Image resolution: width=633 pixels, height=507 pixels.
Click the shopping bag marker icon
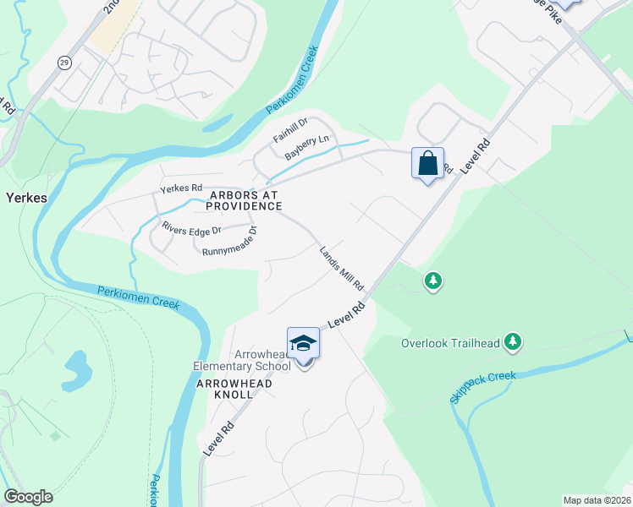click(x=427, y=163)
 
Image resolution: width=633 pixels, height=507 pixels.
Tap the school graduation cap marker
click(x=303, y=343)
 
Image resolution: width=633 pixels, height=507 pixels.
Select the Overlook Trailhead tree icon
click(x=512, y=341)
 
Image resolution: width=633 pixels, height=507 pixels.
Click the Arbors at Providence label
click(x=244, y=200)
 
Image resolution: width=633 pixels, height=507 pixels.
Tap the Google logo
click(x=28, y=497)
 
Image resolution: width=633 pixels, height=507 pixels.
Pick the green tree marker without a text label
click(x=433, y=280)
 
